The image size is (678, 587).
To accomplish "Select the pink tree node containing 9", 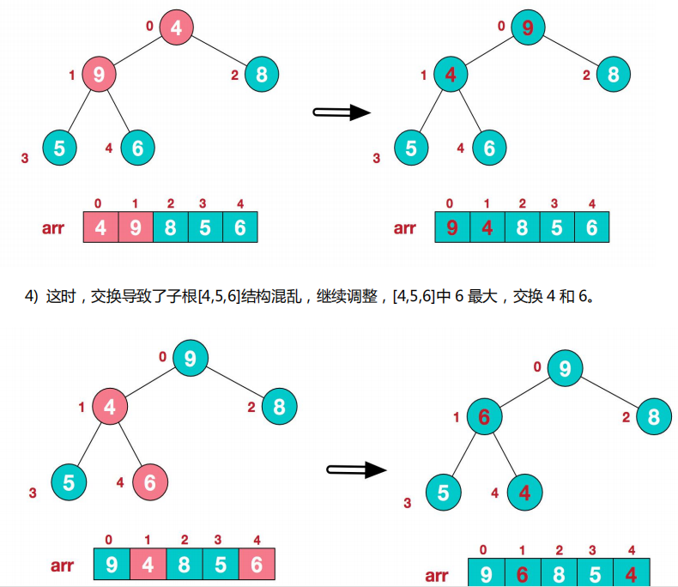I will pos(99,75).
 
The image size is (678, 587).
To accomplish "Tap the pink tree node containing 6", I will pos(149,482).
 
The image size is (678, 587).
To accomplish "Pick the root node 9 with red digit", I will pos(527,27).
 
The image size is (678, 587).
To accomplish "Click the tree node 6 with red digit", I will pos(484,417).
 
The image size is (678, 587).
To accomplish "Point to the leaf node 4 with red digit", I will pos(524,493).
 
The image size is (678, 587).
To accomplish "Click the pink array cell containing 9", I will pos(136,227).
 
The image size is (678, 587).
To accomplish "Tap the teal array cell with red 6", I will pos(520,573).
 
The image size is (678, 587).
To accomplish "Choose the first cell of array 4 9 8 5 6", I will pos(100,227).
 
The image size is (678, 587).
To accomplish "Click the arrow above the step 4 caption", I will pos(341,112).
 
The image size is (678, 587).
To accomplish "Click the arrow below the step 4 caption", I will pos(357,469).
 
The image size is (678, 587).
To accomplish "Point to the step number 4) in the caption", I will pos(32,297).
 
